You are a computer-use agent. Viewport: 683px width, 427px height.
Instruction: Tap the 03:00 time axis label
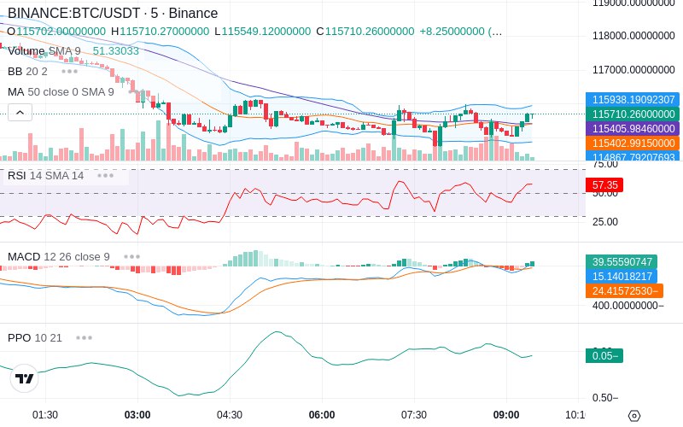click(x=137, y=414)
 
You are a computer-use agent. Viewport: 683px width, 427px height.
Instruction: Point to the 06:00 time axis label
click(x=322, y=414)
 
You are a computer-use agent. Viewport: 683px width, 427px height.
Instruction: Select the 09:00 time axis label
click(x=506, y=414)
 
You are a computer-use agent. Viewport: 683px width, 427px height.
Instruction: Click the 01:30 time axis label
click(x=45, y=414)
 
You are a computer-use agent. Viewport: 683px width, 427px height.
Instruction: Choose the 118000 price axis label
click(x=633, y=36)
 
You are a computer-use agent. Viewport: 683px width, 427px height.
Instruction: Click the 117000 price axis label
click(x=633, y=69)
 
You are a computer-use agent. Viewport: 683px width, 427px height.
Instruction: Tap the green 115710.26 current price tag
click(x=633, y=114)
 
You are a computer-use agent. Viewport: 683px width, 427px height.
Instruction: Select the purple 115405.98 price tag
click(x=633, y=128)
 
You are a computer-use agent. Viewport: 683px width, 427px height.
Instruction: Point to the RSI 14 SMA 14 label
click(x=46, y=176)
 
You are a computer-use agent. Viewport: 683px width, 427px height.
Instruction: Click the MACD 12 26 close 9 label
click(x=59, y=256)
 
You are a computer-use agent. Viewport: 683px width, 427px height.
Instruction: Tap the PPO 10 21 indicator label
click(x=35, y=337)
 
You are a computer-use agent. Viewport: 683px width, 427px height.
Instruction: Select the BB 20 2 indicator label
click(x=27, y=71)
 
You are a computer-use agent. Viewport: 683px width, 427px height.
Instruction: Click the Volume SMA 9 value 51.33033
click(x=115, y=50)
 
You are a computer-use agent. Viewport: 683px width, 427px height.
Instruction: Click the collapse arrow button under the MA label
click(x=20, y=112)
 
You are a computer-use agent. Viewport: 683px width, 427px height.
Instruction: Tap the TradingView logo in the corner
click(x=25, y=378)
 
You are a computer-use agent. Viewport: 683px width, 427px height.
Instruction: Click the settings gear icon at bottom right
click(x=633, y=415)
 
